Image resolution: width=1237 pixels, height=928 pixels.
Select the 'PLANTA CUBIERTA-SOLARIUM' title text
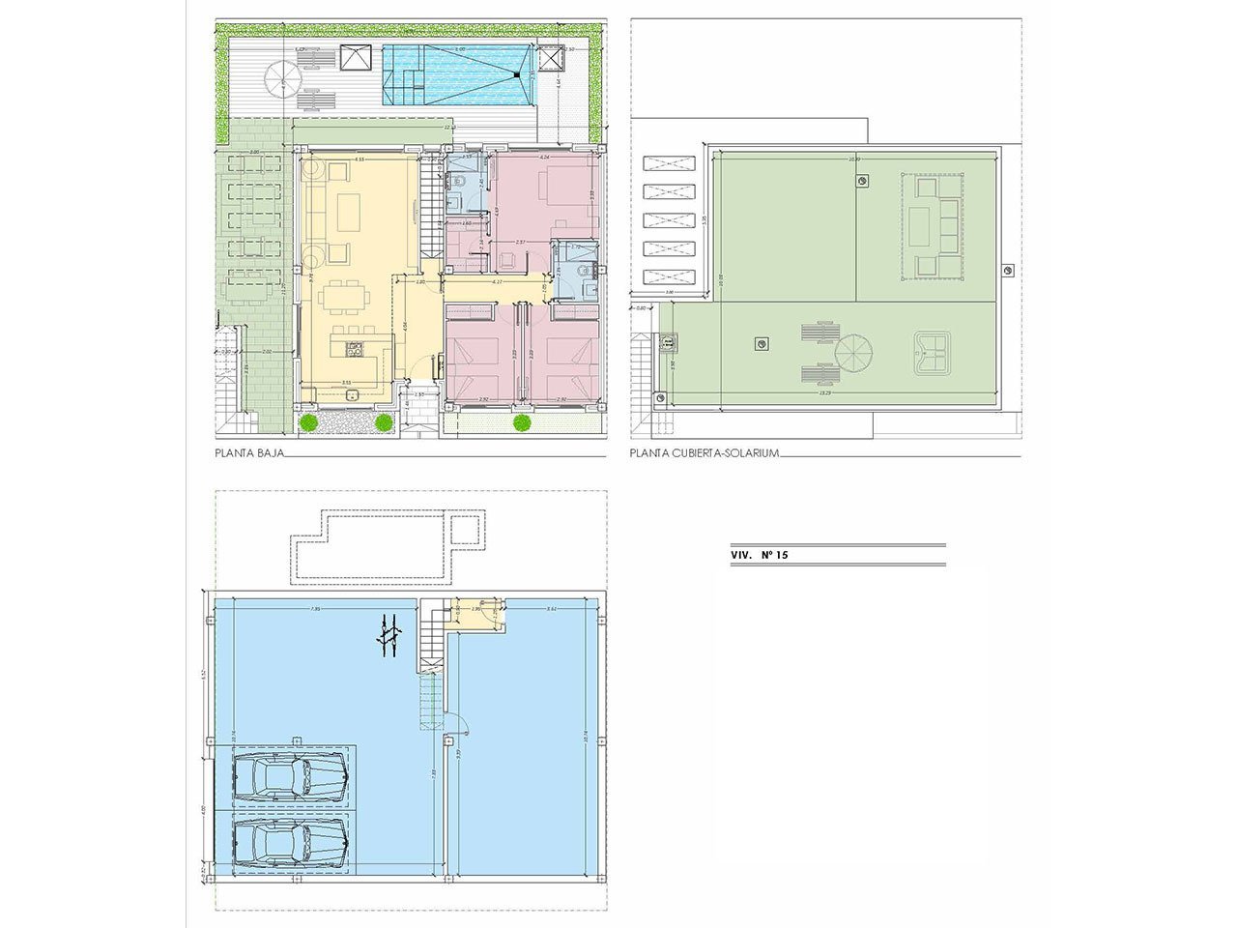click(704, 451)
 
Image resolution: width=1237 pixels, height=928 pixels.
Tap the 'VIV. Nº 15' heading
click(761, 556)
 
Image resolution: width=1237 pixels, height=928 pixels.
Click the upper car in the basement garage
click(289, 776)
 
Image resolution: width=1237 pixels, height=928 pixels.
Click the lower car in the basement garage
click(289, 844)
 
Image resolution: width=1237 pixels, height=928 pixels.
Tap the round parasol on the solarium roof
click(854, 352)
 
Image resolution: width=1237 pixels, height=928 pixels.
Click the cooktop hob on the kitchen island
click(355, 349)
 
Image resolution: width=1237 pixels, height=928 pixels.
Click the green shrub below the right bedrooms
click(522, 421)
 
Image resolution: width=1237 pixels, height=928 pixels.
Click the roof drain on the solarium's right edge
click(1008, 270)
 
